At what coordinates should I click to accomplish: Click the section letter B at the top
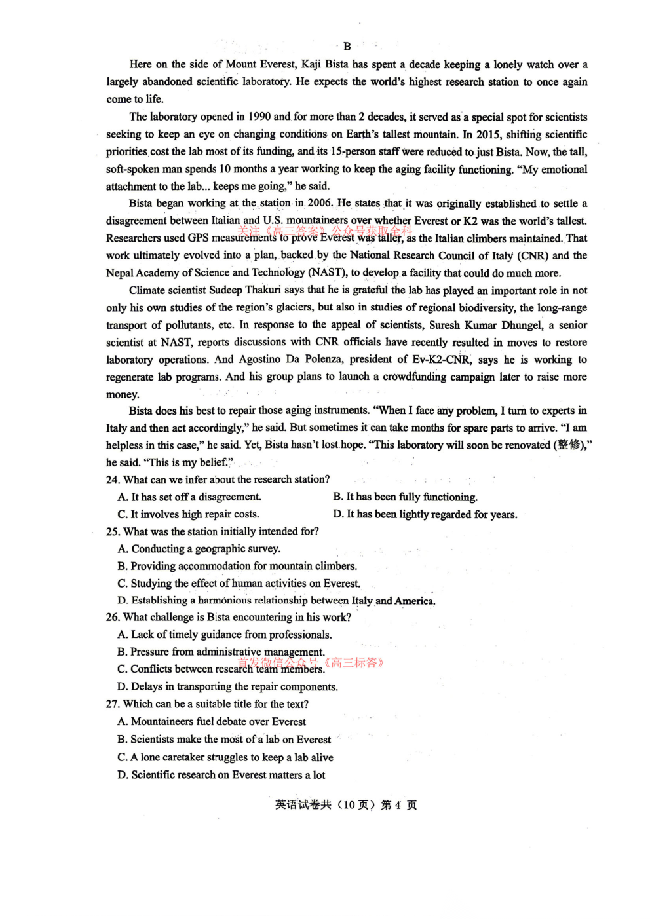[347, 47]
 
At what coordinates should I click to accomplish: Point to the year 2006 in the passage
[320, 203]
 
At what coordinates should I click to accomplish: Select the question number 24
[113, 479]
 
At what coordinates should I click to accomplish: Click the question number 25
[113, 531]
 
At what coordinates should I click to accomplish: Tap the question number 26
[113, 617]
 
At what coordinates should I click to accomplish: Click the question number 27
[113, 704]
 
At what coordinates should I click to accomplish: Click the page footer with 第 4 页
[346, 805]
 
